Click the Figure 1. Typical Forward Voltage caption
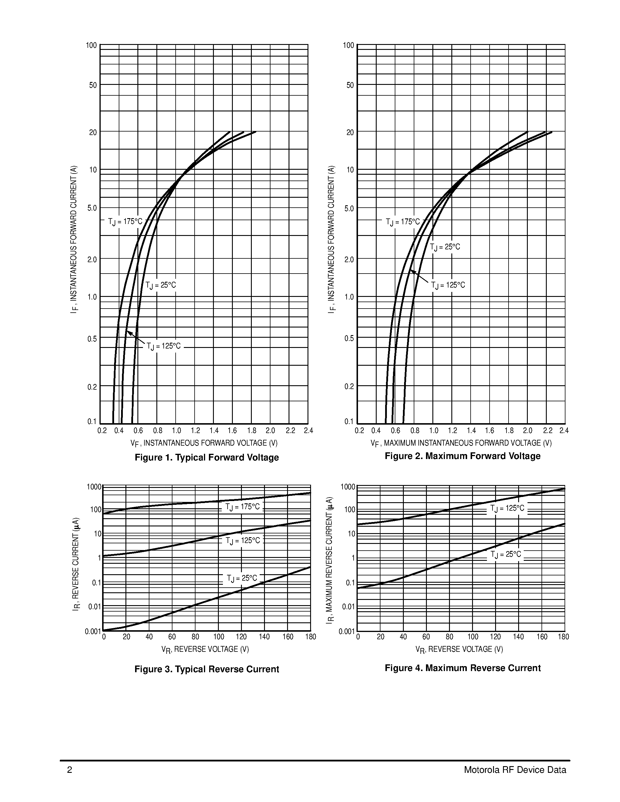point(207,458)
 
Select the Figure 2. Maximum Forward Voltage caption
point(462,456)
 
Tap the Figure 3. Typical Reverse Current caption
point(207,669)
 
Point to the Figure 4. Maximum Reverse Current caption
point(462,668)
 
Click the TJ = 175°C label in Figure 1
point(125,222)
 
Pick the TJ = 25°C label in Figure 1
point(160,285)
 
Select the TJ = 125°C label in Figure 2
point(448,285)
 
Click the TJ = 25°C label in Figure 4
point(505,554)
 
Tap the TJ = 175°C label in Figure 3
point(242,507)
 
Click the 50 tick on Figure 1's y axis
point(93,85)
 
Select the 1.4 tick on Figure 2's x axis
point(471,430)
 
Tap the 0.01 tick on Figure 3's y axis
point(95,607)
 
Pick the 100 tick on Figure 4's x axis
point(473,637)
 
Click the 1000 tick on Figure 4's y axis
point(348,487)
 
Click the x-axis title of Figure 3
point(205,649)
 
